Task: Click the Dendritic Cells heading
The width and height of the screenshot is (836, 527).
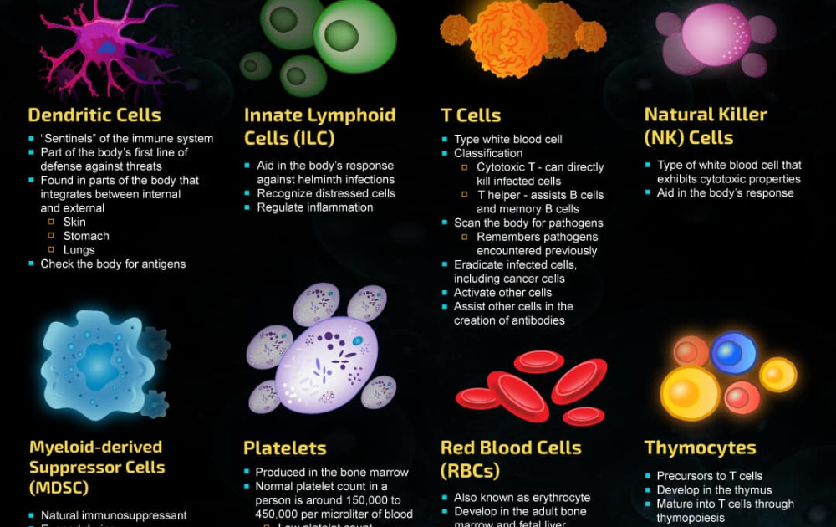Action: (94, 115)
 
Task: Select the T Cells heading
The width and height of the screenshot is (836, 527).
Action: (471, 115)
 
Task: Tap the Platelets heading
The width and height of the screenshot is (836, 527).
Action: (285, 448)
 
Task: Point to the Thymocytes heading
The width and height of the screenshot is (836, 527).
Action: (700, 448)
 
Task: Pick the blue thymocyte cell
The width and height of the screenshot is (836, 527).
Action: (733, 352)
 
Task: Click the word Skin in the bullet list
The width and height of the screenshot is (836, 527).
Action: (74, 223)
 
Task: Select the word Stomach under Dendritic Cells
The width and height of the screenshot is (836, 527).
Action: (86, 236)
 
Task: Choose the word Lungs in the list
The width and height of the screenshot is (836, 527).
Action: (79, 250)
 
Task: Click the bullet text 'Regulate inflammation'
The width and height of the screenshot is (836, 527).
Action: (315, 207)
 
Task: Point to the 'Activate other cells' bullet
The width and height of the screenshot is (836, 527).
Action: (502, 293)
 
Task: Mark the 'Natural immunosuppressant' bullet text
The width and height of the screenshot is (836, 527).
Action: (114, 515)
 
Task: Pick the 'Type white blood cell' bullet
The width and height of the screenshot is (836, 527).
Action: (507, 140)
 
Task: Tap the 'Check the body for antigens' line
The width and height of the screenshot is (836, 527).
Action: (113, 264)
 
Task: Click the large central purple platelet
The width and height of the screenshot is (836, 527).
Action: (326, 364)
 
